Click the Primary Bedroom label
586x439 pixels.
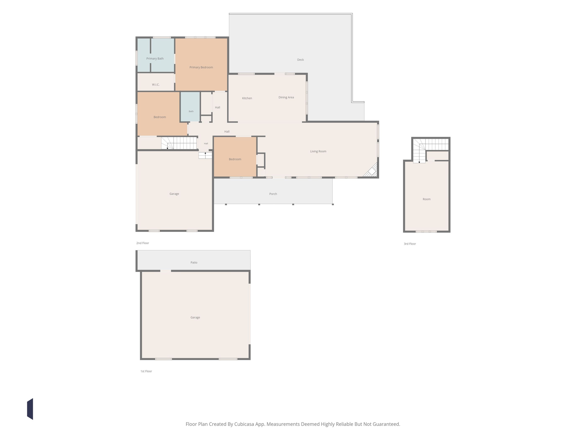[x=201, y=67]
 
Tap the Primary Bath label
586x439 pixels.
[x=155, y=59]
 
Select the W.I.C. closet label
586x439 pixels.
[x=156, y=85]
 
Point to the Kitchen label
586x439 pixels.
[x=247, y=98]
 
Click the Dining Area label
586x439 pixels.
[x=286, y=97]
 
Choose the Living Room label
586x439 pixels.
[x=318, y=151]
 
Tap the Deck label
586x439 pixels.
[x=300, y=60]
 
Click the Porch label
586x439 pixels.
[x=273, y=194]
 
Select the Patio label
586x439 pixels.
[x=194, y=263]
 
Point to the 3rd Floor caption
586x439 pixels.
[x=410, y=244]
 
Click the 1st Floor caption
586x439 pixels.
[x=146, y=371]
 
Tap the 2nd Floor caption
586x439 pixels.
[x=143, y=243]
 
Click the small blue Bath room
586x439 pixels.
[x=190, y=107]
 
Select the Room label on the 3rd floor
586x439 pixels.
[x=427, y=199]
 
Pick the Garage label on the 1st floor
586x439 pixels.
[x=195, y=318]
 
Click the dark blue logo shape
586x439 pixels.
[x=30, y=409]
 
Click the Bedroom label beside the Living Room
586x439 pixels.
[x=235, y=159]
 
